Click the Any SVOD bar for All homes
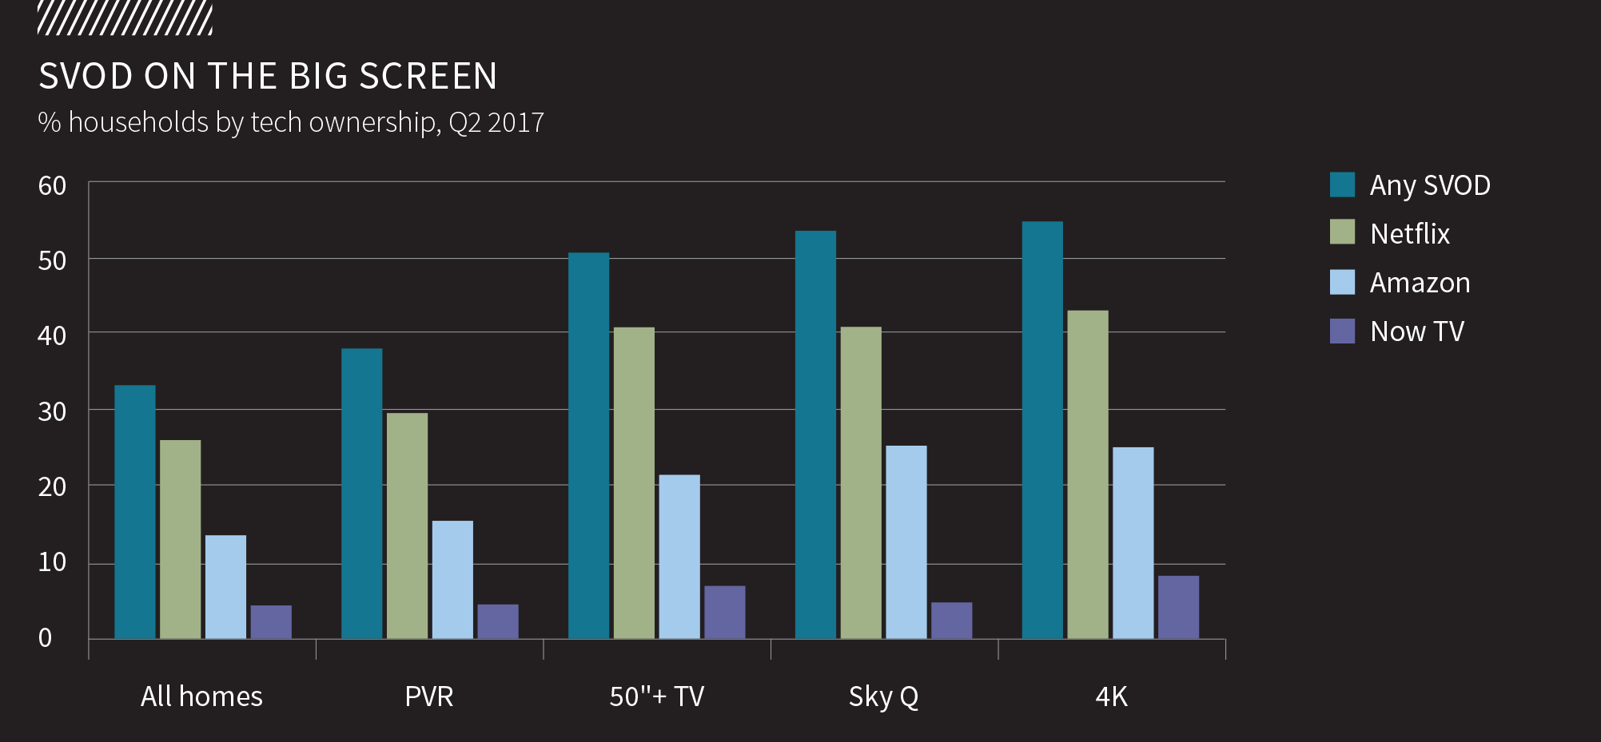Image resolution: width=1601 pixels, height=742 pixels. pyautogui.click(x=135, y=512)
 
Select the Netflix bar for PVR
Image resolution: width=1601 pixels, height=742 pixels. pyautogui.click(x=407, y=526)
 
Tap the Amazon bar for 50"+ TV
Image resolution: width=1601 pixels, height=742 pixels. pyautogui.click(x=679, y=557)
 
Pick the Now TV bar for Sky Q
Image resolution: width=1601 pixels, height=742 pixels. pyautogui.click(x=951, y=621)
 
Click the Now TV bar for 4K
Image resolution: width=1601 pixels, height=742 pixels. pyautogui.click(x=1178, y=607)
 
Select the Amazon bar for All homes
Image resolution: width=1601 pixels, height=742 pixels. pyautogui.click(x=225, y=587)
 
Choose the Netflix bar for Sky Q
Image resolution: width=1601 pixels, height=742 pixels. pyautogui.click(x=861, y=482)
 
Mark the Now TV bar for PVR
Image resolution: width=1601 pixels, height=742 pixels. pyautogui.click(x=498, y=621)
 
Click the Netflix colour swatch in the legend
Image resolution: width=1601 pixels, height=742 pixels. pyautogui.click(x=1342, y=232)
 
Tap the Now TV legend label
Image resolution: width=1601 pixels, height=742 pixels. pyautogui.click(x=1416, y=331)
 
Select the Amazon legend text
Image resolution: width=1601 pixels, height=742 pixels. pyautogui.click(x=1420, y=283)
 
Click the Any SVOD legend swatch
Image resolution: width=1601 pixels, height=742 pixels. pyautogui.click(x=1342, y=185)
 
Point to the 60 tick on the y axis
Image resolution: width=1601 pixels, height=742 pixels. pyautogui.click(x=52, y=186)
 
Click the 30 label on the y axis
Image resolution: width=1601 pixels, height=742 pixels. pyautogui.click(x=52, y=412)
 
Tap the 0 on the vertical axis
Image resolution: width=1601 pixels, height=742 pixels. pyautogui.click(x=46, y=638)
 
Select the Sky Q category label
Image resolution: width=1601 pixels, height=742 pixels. pyautogui.click(x=883, y=696)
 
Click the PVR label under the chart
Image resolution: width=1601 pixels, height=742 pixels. pyautogui.click(x=429, y=696)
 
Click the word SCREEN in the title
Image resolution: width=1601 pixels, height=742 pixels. pyautogui.click(x=428, y=77)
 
